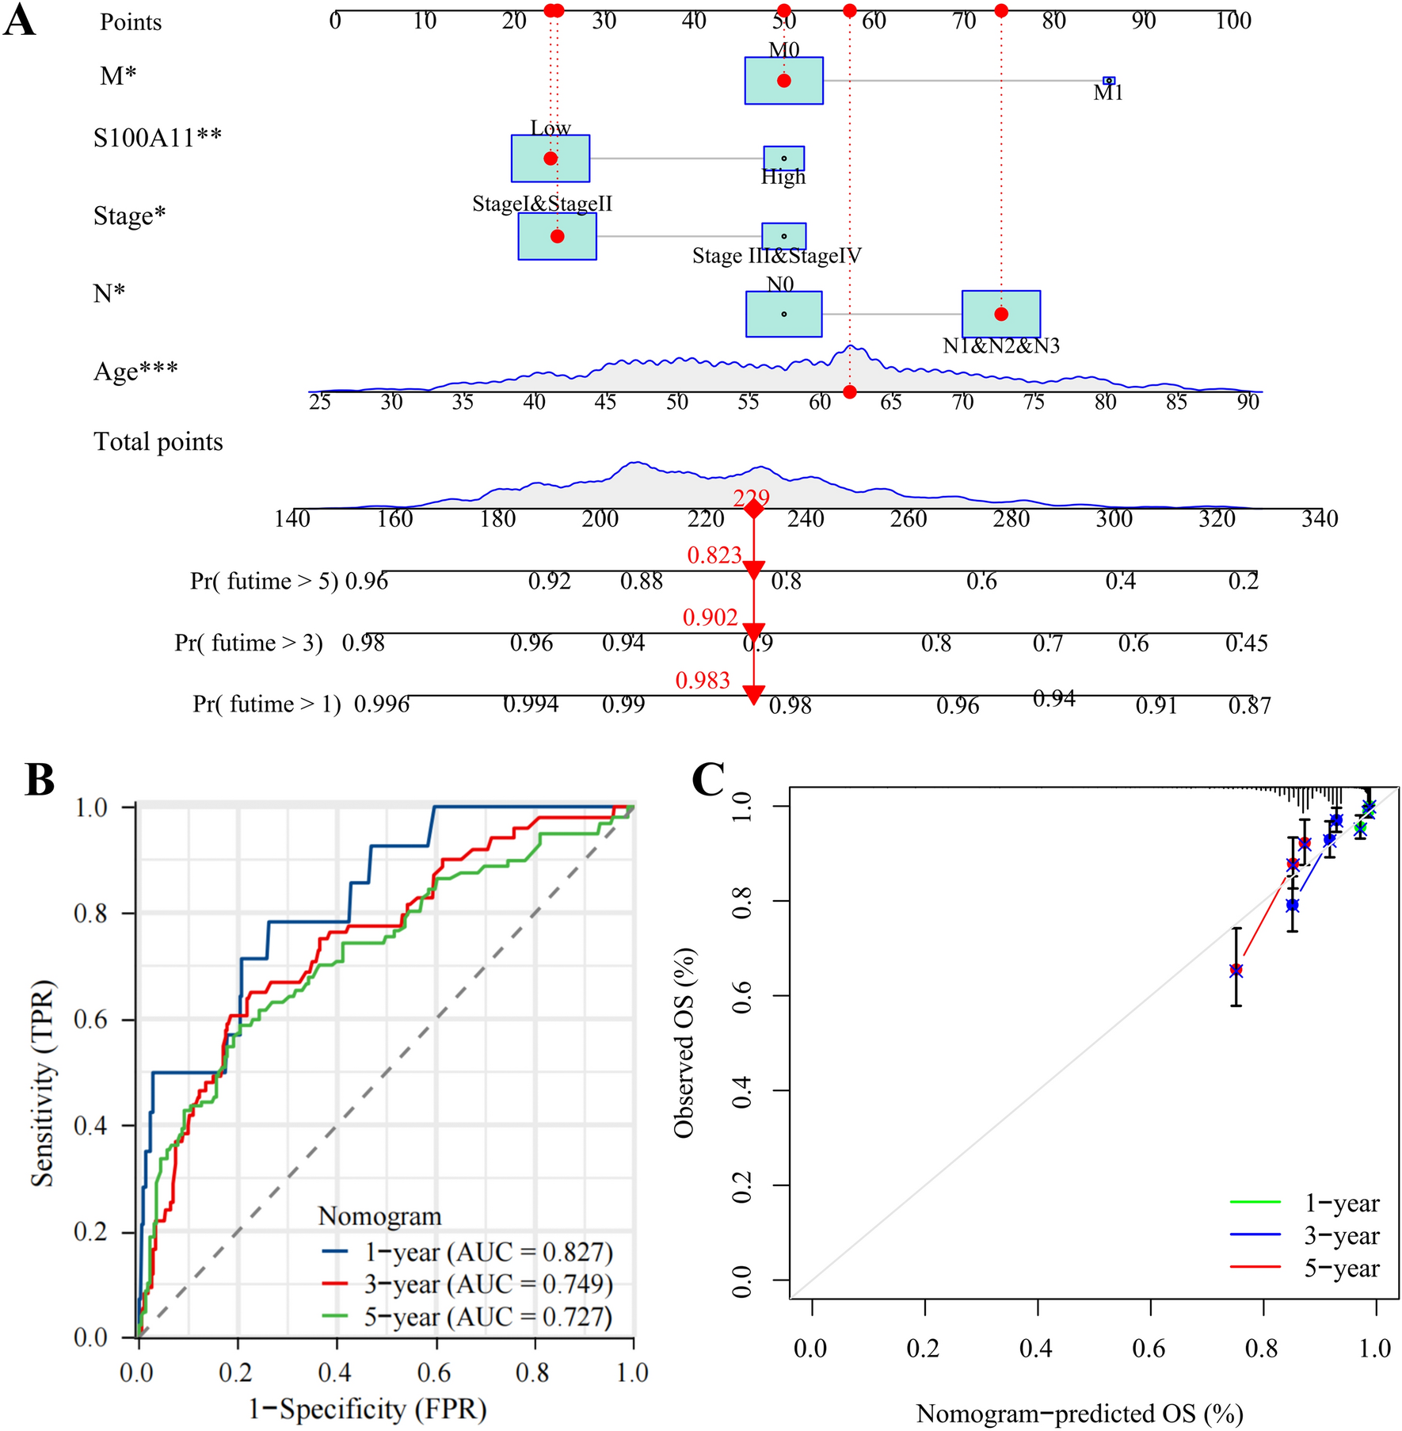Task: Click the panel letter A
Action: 21,21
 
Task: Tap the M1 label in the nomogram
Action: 1108,93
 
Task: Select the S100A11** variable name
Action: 158,138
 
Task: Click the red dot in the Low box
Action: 551,158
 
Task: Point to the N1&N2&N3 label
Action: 1000,345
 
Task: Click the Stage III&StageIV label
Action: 776,256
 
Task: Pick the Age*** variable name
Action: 135,371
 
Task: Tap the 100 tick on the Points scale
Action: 1233,21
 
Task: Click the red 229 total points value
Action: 751,498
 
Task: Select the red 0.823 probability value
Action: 714,555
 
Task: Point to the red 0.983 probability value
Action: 703,680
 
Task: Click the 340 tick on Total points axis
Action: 1320,519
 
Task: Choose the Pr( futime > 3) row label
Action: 249,643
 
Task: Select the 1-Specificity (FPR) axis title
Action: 368,1409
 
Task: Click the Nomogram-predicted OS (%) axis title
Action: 1079,1414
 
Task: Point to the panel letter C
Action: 708,780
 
